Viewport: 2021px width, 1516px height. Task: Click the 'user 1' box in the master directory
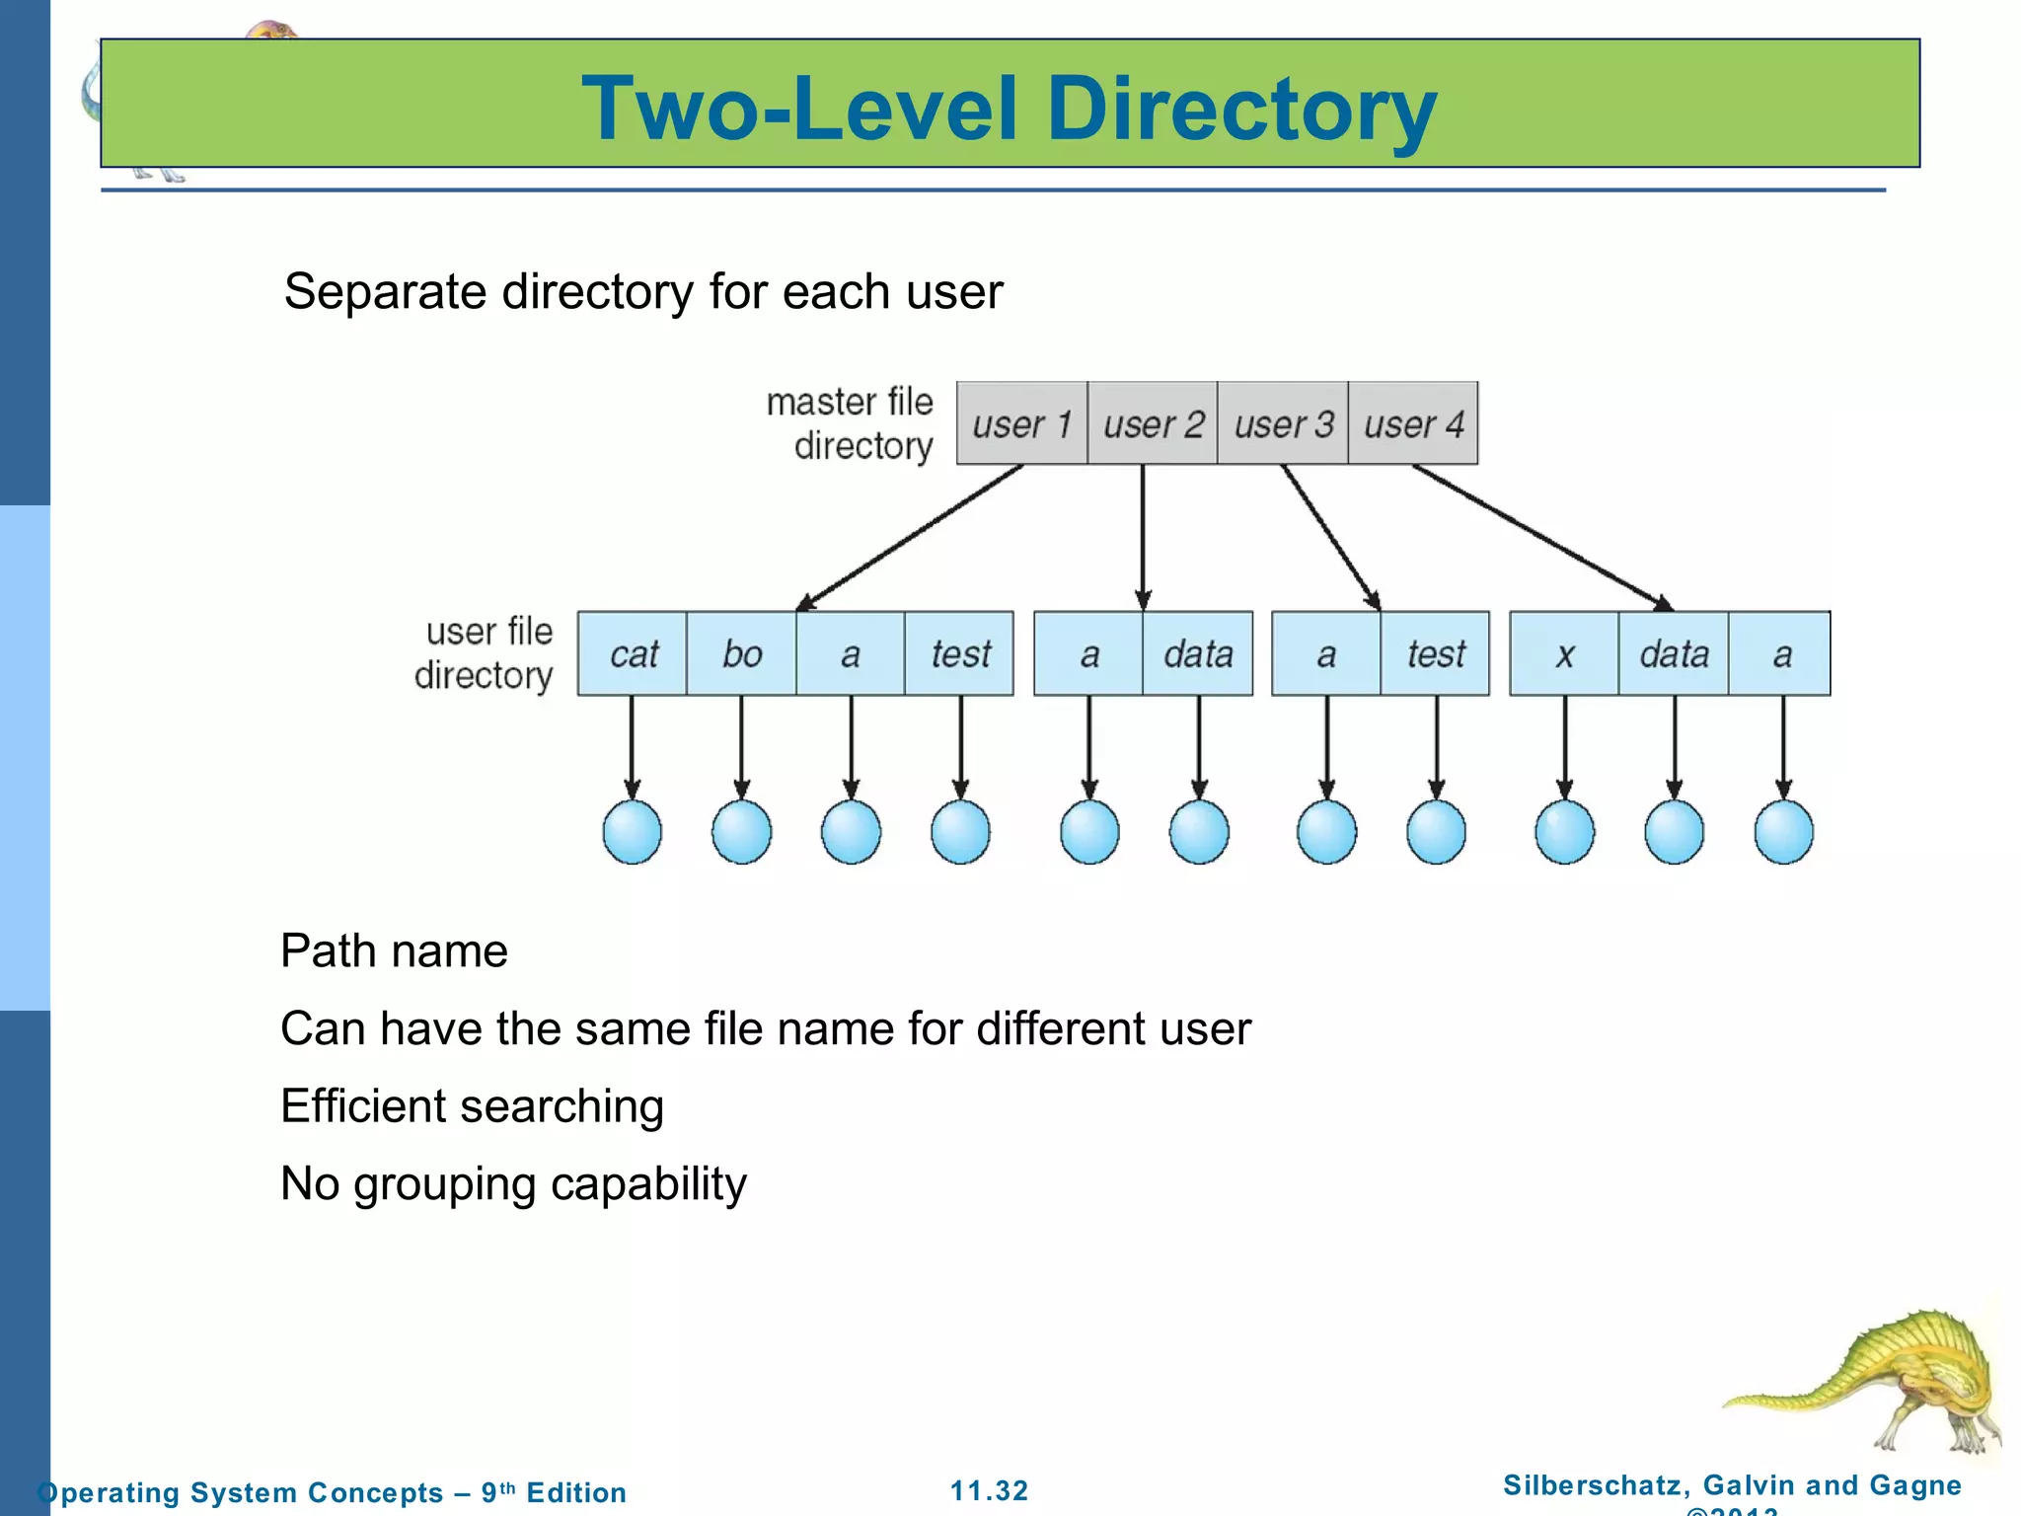tap(1022, 423)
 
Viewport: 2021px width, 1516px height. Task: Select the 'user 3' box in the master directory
tap(1283, 423)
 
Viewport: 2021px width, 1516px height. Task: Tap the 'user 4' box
tap(1413, 423)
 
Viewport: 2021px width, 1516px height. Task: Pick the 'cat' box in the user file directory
tap(633, 653)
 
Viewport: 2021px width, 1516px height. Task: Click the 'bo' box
tap(742, 653)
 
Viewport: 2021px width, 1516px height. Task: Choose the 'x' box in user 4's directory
tap(1564, 653)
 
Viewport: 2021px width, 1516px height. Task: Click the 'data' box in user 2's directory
tap(1198, 653)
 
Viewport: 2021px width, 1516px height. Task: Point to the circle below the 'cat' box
tap(633, 832)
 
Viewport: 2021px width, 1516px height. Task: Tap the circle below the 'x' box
tap(1564, 832)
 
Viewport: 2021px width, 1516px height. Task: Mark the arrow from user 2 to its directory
tap(1143, 538)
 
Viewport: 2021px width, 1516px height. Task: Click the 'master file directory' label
tap(851, 423)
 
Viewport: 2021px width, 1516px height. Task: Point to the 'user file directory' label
tap(485, 653)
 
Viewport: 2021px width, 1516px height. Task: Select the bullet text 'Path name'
tap(394, 951)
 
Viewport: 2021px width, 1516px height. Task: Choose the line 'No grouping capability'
tap(513, 1183)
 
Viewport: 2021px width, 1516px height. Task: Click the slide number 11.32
tap(989, 1490)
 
